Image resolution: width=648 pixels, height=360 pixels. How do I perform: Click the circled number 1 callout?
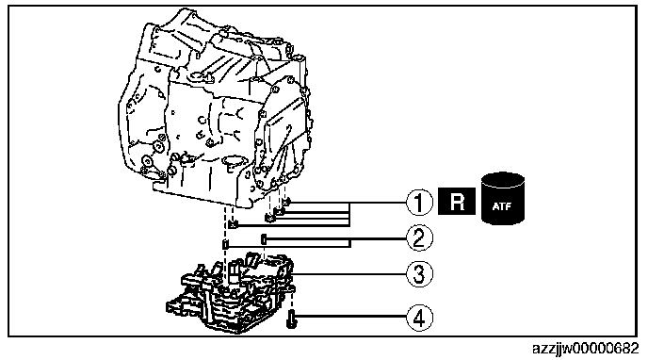419,203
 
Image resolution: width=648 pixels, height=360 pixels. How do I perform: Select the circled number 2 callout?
419,238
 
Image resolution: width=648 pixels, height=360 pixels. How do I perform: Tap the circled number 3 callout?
419,273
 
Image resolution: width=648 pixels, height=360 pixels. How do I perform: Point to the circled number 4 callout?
419,318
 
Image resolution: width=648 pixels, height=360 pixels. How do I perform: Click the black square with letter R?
457,202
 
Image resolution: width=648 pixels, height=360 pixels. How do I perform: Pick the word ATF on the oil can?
502,206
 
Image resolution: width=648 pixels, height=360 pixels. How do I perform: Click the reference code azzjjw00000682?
585,349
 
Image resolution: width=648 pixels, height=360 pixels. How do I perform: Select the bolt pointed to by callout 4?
291,319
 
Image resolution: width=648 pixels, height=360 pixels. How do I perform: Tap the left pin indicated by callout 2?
225,244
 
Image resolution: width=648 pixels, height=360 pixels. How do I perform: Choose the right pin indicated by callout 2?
264,238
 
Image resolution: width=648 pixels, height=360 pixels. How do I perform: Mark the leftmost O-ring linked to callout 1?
233,224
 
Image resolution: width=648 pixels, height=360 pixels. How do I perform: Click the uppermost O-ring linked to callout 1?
286,202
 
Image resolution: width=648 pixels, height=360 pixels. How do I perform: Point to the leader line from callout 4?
351,317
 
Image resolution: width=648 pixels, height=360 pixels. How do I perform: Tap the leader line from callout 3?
349,273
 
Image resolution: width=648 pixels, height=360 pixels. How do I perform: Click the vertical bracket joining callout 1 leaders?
350,214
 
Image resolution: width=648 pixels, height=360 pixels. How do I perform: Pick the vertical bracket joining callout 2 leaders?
350,242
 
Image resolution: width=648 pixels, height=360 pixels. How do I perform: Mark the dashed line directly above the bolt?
292,300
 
